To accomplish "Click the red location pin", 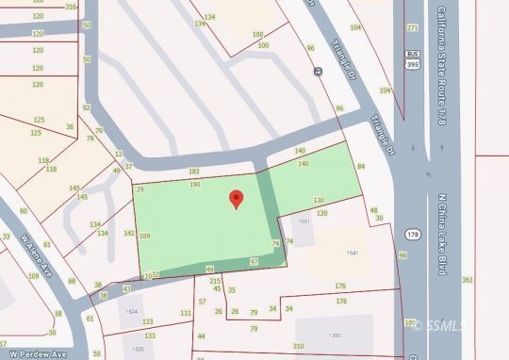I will pos(236,199).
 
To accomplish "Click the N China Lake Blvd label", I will pos(440,236).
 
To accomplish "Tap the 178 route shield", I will pos(414,232).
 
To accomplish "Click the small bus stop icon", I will pos(319,71).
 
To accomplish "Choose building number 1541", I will pos(353,254).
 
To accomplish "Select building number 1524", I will pos(131,311).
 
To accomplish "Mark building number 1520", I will pos(139,349).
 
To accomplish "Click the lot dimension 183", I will pos(194,172).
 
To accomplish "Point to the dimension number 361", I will pos(468,280).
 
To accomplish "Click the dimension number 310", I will pos(299,347).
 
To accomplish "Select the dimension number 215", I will pos(215,281).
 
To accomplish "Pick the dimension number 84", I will pos(361,167).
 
